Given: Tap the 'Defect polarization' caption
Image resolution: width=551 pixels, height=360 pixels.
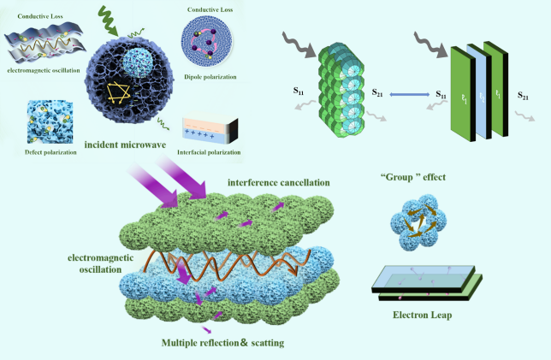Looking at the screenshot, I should coord(39,152).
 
